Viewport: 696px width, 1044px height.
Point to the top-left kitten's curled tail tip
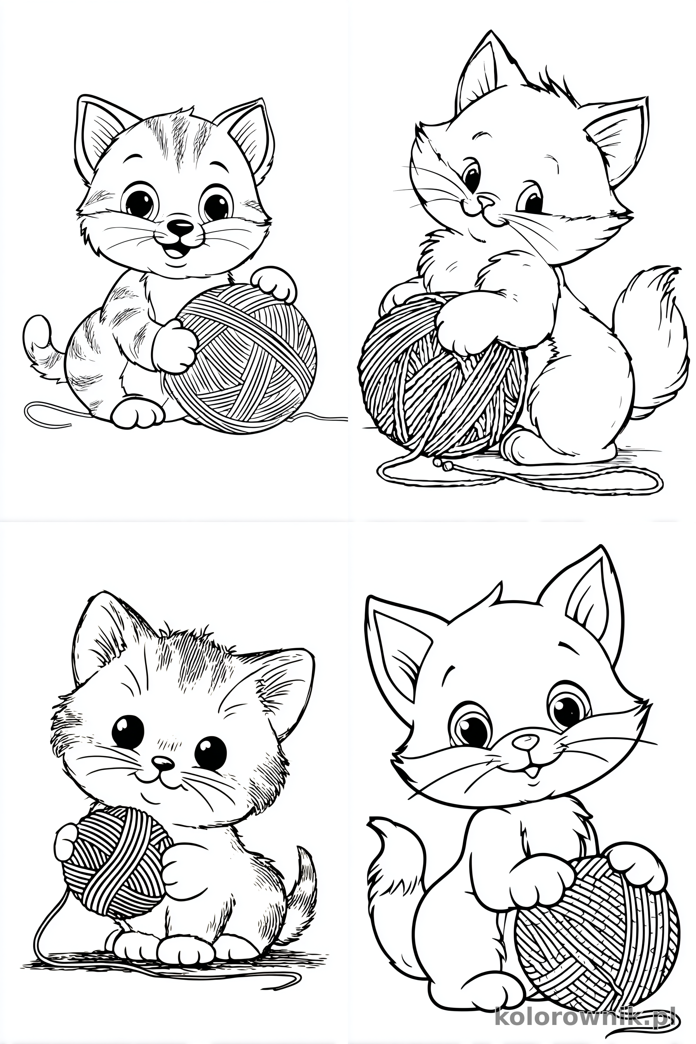37,331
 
